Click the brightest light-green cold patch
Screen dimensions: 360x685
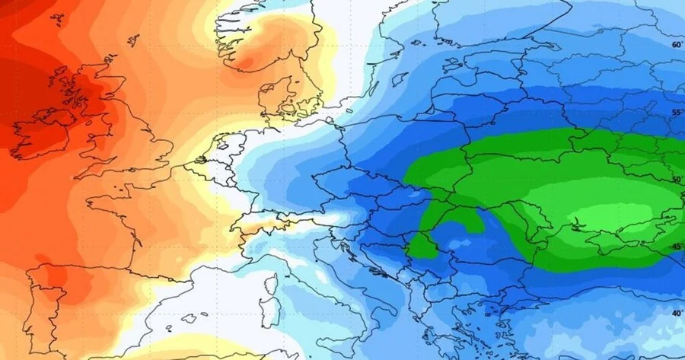[601, 217]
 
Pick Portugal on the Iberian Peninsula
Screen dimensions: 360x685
[30, 304]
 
